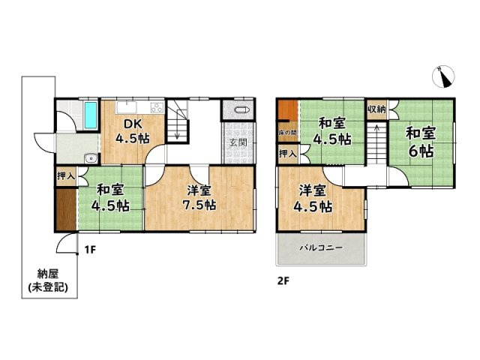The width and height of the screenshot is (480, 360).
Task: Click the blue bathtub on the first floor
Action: pos(90,115)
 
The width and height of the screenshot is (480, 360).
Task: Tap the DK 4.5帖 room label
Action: pos(133,131)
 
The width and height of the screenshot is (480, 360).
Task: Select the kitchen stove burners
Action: pos(157,107)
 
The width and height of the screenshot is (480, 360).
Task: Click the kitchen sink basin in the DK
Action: pos(127,107)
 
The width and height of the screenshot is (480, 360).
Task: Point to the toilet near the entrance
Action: pos(243,110)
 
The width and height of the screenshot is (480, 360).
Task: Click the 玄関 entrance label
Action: pos(238,142)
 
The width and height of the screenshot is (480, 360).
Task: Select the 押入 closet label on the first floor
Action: pos(66,176)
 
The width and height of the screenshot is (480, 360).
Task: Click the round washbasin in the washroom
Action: pos(91,158)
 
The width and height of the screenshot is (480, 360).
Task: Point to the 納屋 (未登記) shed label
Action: pos(48,280)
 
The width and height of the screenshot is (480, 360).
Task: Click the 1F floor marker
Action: pos(90,250)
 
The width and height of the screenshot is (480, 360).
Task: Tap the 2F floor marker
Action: pos(283,281)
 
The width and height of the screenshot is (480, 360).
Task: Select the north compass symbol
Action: pos(443,76)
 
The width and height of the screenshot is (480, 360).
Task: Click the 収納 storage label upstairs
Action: pos(376,109)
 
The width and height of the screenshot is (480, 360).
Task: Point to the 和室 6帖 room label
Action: pos(421,142)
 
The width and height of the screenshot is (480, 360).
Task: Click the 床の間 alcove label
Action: pos(288,133)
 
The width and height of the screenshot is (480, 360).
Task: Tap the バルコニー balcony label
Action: pos(321,247)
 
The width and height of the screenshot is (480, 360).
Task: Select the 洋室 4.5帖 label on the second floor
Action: pos(313,198)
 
